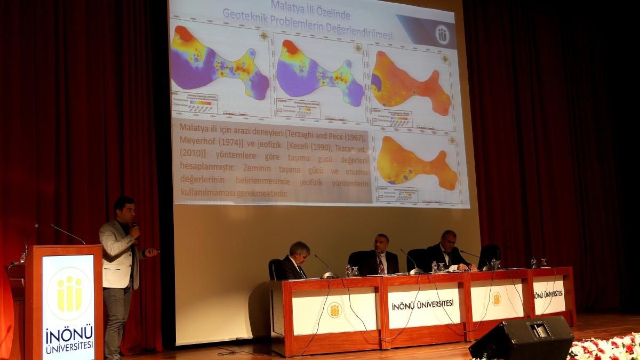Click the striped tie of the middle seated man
381,264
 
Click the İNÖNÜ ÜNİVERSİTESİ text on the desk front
422,304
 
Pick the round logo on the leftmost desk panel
334,310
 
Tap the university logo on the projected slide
442,35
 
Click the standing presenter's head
124,207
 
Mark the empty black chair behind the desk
490,255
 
